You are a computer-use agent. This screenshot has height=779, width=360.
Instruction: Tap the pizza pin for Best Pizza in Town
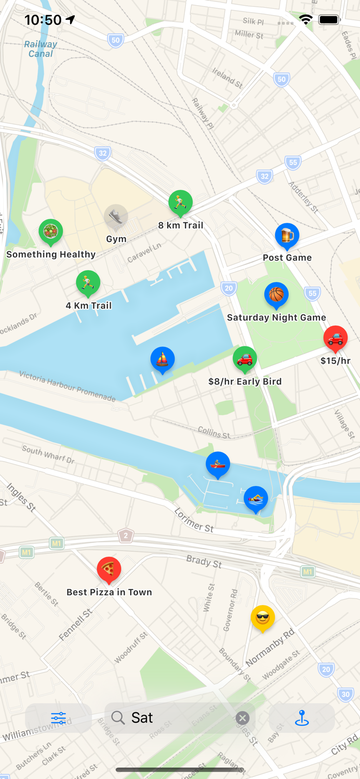109,569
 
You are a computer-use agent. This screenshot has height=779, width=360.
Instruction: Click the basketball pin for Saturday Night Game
276,295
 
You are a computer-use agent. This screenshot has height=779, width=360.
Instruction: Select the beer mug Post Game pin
287,235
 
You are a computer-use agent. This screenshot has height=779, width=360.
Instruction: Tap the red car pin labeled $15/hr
336,338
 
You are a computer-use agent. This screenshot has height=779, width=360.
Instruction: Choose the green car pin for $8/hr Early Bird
245,359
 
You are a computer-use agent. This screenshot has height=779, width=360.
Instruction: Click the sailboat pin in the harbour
163,359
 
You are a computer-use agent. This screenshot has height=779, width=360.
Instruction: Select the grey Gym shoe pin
116,217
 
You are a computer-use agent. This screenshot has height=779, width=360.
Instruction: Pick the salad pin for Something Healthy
51,232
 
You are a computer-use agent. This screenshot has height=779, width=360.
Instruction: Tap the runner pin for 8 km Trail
181,203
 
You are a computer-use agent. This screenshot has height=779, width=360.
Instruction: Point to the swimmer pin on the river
256,499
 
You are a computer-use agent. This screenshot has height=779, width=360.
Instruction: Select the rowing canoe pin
218,464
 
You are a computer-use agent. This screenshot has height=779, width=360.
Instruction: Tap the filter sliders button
59,718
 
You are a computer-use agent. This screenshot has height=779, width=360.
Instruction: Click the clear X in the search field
242,718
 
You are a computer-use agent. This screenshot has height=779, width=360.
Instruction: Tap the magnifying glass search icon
118,718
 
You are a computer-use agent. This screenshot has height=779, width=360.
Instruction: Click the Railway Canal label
41,49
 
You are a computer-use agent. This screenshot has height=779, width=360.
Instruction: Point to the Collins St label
214,432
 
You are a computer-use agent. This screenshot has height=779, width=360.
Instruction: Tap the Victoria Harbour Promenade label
68,386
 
